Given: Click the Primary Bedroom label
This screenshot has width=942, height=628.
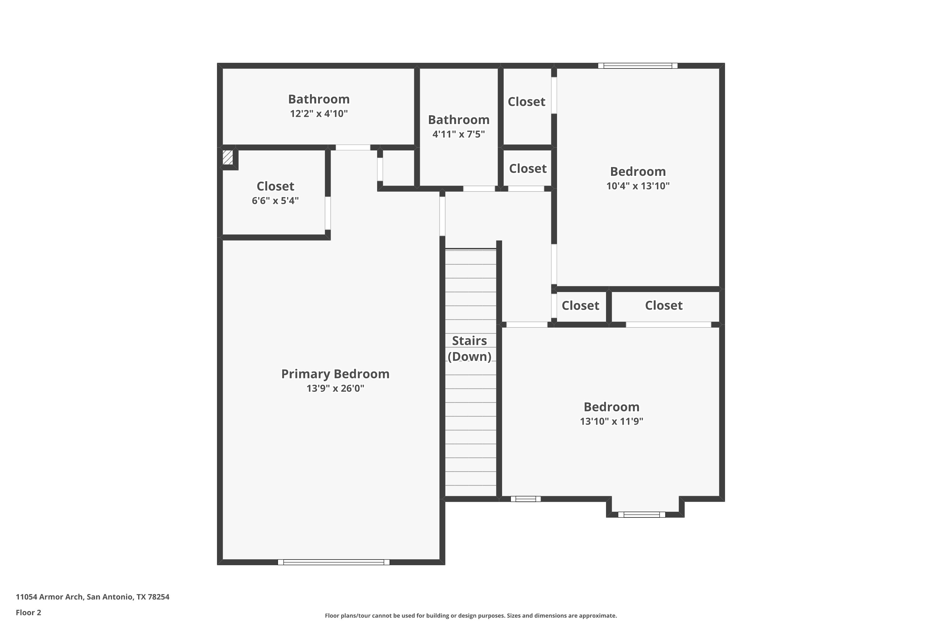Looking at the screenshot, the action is point(335,374).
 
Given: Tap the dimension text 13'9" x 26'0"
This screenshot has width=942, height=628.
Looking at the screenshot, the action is point(335,388).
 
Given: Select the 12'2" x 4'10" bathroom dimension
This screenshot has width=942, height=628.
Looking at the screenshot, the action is point(319,113).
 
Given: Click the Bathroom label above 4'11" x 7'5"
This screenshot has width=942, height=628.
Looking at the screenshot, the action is point(458,119).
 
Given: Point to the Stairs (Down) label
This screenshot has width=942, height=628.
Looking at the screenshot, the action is point(469,349).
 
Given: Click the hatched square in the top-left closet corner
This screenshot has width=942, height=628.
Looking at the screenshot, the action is point(227,157).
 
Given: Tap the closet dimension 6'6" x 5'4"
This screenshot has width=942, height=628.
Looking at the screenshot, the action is point(275,200).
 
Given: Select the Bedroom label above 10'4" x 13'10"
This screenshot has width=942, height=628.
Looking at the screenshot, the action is point(638,171).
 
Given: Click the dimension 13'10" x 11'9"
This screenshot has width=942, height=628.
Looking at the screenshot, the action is point(612,421).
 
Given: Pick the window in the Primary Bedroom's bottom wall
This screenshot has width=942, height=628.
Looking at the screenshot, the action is point(333,562).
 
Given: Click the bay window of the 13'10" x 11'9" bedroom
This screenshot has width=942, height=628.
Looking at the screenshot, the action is point(642,515).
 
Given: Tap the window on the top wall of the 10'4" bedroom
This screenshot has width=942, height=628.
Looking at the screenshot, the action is point(638,66).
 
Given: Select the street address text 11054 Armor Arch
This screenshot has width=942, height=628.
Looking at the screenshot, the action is point(49,597).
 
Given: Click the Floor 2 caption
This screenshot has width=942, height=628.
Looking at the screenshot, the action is point(29,612).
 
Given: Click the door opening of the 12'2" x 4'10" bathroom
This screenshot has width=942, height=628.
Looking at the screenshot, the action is point(353,147).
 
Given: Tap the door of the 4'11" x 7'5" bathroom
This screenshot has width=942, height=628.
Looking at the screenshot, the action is point(479,189).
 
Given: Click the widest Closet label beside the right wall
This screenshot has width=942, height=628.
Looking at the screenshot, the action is point(664,306).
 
